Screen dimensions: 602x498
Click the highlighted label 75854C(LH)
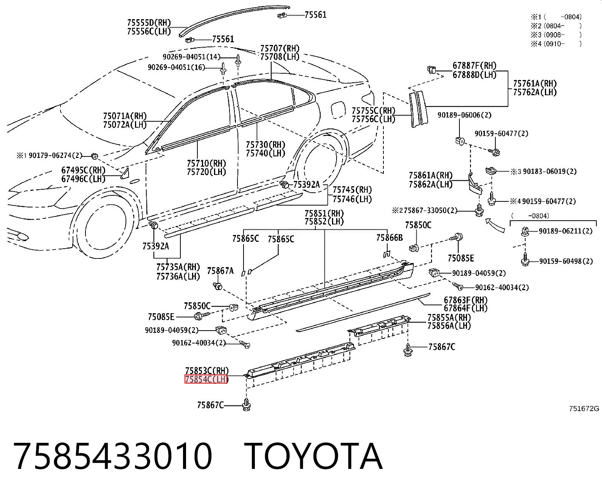[206, 379]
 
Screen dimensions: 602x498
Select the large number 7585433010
[113, 457]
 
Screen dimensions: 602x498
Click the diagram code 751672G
[584, 408]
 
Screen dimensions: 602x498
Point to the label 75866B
[389, 237]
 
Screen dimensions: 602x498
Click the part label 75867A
[220, 271]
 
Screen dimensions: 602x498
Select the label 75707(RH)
[280, 48]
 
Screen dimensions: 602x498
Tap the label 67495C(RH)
[83, 170]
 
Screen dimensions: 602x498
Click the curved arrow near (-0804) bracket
[495, 225]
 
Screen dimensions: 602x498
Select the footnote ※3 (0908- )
[556, 35]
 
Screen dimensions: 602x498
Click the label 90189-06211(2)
[565, 231]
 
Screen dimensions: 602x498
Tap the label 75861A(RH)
[431, 175]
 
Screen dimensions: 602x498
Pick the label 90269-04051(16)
[176, 67]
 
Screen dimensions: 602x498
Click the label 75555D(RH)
[149, 22]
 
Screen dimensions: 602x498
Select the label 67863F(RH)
[465, 300]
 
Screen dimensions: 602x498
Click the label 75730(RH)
[265, 144]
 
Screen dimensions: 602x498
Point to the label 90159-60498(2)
[566, 261]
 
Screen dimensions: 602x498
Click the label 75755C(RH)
[373, 111]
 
